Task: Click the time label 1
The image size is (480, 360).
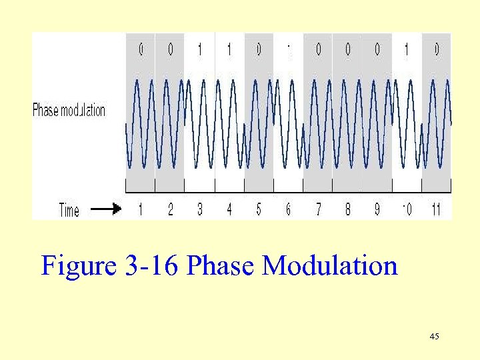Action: pos(141,209)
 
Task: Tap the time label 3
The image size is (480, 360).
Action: pos(200,209)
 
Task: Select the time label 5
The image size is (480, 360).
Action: pos(259,209)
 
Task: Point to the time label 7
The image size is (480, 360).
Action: pos(318,209)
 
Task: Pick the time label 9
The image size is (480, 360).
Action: pos(377,209)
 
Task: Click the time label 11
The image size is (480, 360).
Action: pos(436,209)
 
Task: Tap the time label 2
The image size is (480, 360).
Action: pos(170,209)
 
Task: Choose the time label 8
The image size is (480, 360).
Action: pos(347,209)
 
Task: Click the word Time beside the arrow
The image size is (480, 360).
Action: pos(69,210)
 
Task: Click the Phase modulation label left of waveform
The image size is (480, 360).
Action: pos(69,111)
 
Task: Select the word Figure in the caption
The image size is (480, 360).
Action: pos(79,267)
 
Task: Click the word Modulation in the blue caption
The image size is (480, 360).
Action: pos(330,267)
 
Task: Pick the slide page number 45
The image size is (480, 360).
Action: pos(435,337)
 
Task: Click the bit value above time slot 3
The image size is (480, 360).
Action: pos(200,49)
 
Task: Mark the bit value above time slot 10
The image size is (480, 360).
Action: pos(407,49)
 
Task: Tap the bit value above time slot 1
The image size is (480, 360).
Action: pos(141,49)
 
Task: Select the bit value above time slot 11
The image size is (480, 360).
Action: pos(436,49)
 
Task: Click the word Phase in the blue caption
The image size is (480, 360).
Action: pos(221,267)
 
